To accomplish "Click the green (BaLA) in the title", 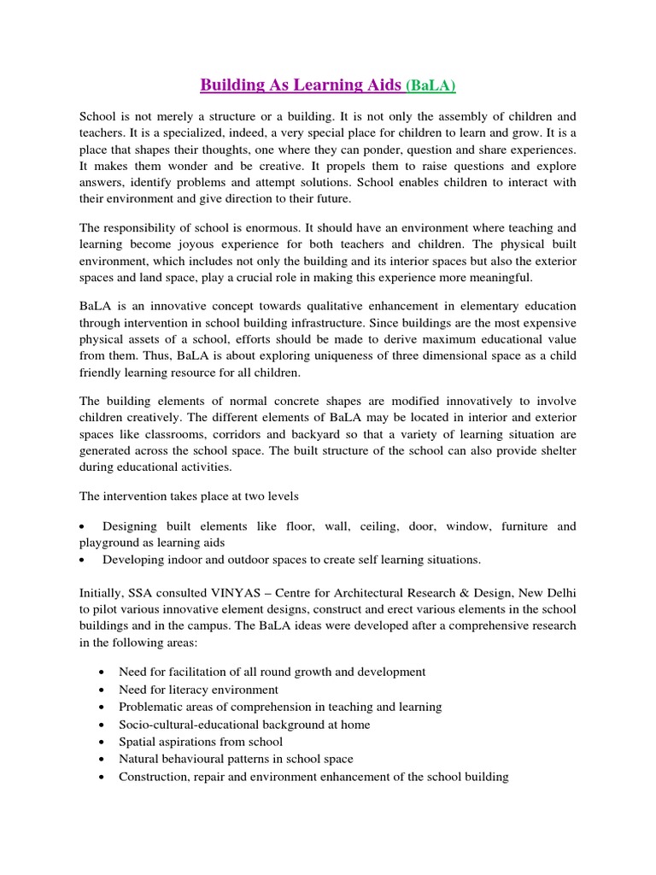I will pos(430,85).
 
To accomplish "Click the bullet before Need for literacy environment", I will pos(102,690).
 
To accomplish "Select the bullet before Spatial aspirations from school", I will pos(102,742).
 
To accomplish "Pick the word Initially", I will pos(104,591).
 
